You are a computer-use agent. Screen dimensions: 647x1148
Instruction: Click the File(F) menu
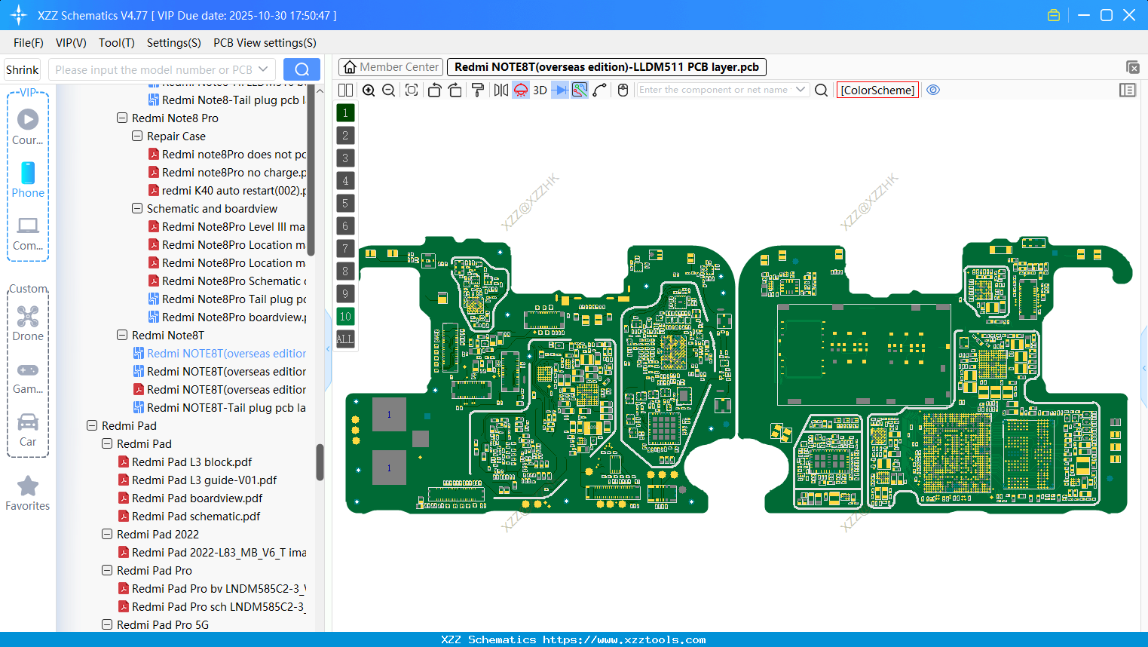point(28,43)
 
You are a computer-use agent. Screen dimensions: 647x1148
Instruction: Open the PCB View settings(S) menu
point(265,43)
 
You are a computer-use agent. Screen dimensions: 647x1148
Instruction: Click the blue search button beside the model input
point(302,69)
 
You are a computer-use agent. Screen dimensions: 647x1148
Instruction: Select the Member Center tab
point(390,67)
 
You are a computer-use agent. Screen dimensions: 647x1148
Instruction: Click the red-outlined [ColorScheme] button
point(877,90)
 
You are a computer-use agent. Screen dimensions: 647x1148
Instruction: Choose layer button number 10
point(345,317)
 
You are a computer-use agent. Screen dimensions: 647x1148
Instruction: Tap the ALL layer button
point(345,339)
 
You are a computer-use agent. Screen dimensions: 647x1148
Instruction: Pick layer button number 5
point(345,204)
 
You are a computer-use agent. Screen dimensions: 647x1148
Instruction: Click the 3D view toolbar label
point(540,90)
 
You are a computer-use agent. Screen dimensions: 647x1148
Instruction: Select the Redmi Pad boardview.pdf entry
point(197,498)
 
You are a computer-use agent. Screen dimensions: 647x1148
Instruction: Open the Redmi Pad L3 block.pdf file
point(191,462)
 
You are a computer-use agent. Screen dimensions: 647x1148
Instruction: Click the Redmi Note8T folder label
point(167,336)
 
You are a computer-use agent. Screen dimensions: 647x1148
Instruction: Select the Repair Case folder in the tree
point(176,136)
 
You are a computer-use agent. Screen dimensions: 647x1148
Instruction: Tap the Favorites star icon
point(28,486)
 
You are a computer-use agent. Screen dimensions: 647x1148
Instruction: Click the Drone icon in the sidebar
point(28,317)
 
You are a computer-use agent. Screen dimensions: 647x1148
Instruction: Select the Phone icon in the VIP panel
point(28,173)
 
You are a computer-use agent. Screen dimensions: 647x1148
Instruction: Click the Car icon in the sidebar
point(28,422)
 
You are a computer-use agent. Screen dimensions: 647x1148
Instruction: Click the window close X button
point(1129,15)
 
